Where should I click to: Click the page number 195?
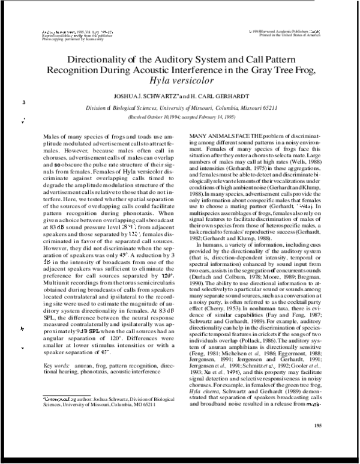pos(317,426)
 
